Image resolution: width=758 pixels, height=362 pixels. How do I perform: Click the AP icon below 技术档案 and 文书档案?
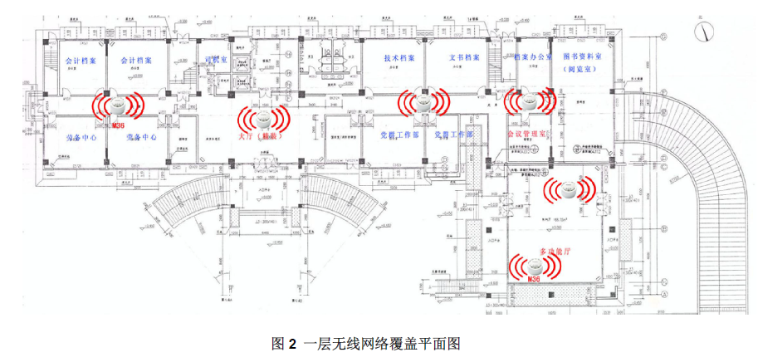pos(423,103)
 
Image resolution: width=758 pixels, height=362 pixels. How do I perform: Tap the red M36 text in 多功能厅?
pos(535,281)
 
